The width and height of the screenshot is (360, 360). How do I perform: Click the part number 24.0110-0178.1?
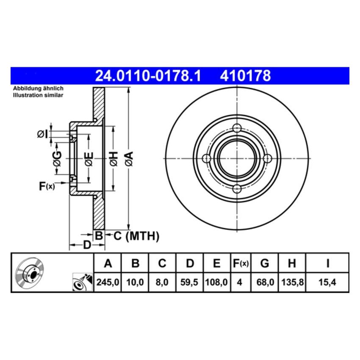pyautogui.click(x=147, y=76)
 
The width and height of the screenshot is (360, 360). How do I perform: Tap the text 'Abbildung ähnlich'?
pyautogui.click(x=38, y=89)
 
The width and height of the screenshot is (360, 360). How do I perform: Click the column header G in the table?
pyautogui.click(x=264, y=263)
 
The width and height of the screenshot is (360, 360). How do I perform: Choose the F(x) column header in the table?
pyautogui.click(x=241, y=263)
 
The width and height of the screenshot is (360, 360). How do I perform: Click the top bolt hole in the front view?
pyautogui.click(x=237, y=128)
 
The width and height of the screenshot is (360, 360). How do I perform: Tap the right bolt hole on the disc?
pyautogui.click(x=267, y=158)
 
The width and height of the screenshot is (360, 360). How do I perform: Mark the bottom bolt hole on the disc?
pyautogui.click(x=237, y=188)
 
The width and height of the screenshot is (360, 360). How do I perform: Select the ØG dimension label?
pyautogui.click(x=57, y=159)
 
